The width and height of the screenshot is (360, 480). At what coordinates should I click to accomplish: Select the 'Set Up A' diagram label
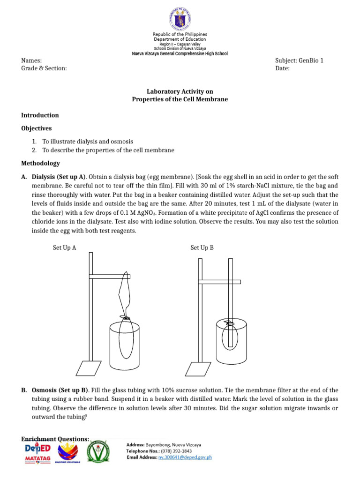(x=64, y=248)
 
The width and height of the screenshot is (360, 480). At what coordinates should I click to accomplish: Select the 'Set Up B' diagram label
(x=202, y=248)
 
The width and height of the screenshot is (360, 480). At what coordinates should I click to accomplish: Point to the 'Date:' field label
(x=283, y=68)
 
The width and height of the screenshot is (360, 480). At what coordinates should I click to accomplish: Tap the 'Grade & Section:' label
(x=44, y=68)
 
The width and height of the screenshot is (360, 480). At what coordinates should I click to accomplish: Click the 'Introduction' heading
(x=40, y=115)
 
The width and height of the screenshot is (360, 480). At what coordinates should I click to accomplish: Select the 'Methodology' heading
(x=41, y=163)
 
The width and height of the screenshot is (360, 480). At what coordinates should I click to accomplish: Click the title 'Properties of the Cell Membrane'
(x=180, y=99)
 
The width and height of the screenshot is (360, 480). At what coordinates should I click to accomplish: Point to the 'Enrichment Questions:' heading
(x=55, y=439)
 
